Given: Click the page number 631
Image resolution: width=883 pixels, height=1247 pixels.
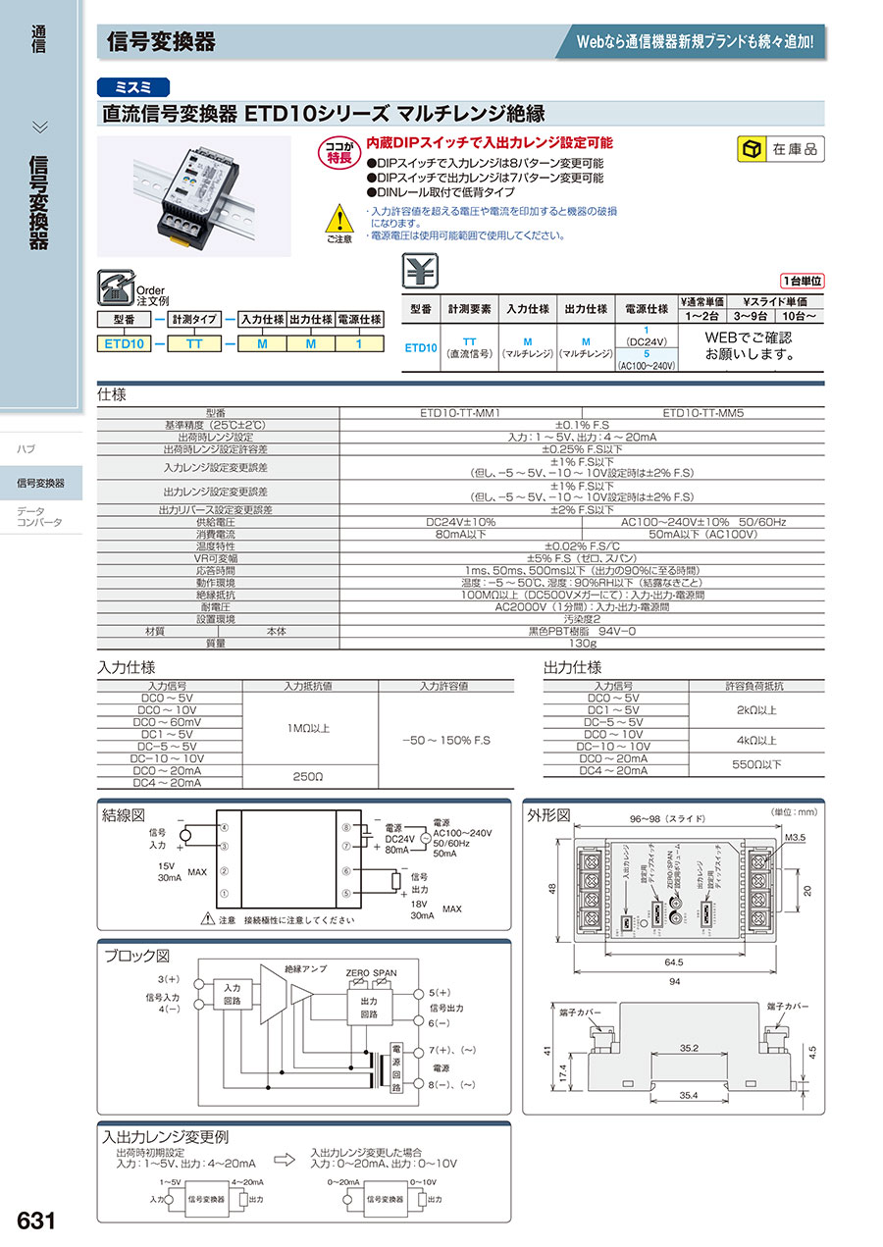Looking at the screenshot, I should [x=35, y=1221].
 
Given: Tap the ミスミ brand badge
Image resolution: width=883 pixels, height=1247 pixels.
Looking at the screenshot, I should [x=133, y=86].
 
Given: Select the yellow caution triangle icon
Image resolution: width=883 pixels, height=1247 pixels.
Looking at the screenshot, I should [x=338, y=218].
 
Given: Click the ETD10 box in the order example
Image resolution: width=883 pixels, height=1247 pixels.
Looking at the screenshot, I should [x=124, y=343].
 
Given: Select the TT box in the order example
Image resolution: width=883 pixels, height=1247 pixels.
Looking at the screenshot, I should [x=195, y=343].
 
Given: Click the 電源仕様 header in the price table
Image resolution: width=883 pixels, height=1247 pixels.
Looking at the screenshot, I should [x=645, y=308].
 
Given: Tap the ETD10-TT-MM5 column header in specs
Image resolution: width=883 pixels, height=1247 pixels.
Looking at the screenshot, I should [x=702, y=414].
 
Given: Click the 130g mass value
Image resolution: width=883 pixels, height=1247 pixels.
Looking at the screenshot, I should [x=582, y=644].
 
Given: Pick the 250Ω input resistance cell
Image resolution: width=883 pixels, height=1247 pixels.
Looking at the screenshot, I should [x=307, y=776].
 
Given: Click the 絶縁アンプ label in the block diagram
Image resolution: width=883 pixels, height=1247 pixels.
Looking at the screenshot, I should [x=305, y=969].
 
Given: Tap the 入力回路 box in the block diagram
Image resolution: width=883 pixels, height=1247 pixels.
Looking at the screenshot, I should [x=232, y=995].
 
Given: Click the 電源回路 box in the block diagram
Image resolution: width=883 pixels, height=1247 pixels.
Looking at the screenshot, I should [x=396, y=1069].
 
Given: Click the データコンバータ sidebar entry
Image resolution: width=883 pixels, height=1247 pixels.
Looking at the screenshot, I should [x=39, y=516].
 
